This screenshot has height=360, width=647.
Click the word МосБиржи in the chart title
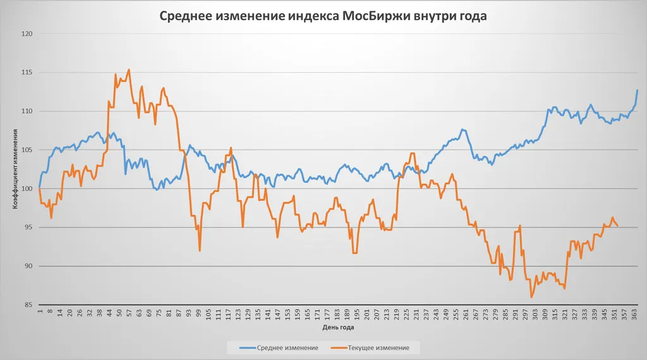pyautogui.click(x=375, y=16)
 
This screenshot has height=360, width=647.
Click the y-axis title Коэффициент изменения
pyautogui.click(x=14, y=169)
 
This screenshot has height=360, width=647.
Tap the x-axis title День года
pyautogui.click(x=338, y=328)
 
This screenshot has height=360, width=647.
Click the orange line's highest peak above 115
pyautogui.click(x=129, y=69)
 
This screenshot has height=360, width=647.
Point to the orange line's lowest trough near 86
pyautogui.click(x=532, y=297)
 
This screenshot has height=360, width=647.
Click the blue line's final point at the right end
pyautogui.click(x=638, y=90)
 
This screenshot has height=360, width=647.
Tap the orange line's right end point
pyautogui.click(x=617, y=226)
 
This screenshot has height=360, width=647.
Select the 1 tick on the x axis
pyautogui.click(x=40, y=310)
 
